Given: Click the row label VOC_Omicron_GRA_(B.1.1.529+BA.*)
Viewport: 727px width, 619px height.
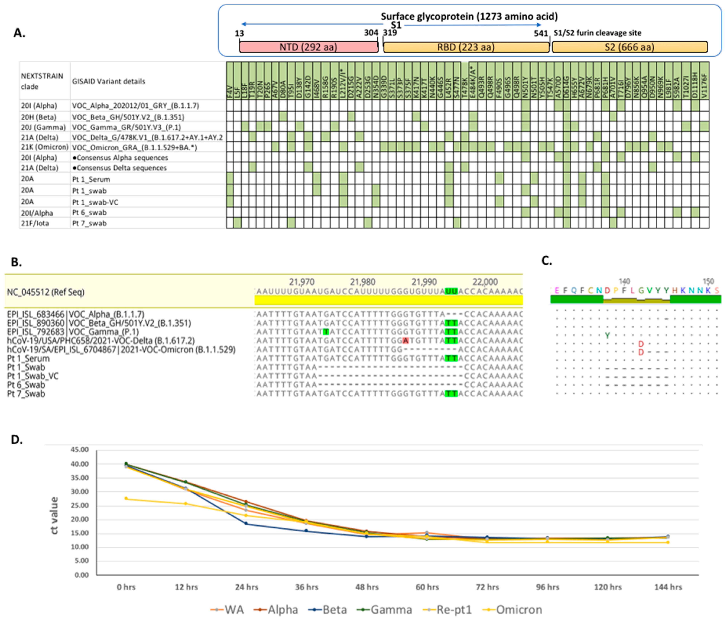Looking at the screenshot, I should click(x=134, y=147).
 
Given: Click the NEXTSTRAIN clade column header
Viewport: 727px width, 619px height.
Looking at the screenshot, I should click(x=42, y=81).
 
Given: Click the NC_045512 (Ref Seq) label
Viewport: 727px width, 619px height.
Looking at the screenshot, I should click(x=46, y=292).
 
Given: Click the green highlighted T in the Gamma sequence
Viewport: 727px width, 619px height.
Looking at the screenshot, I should click(x=326, y=332).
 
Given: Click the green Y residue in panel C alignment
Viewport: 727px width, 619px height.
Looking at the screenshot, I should click(x=607, y=336).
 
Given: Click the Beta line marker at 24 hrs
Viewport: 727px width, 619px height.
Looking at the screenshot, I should click(x=246, y=524).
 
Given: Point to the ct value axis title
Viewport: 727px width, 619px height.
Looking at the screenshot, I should click(x=54, y=516).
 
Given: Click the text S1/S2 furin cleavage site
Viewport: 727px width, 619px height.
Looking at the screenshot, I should click(x=598, y=33).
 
